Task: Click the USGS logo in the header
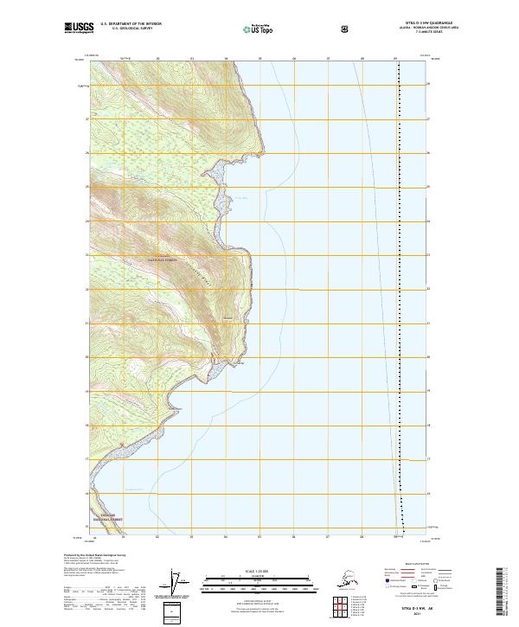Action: click(79, 29)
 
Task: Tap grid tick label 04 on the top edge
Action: click(226, 60)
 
